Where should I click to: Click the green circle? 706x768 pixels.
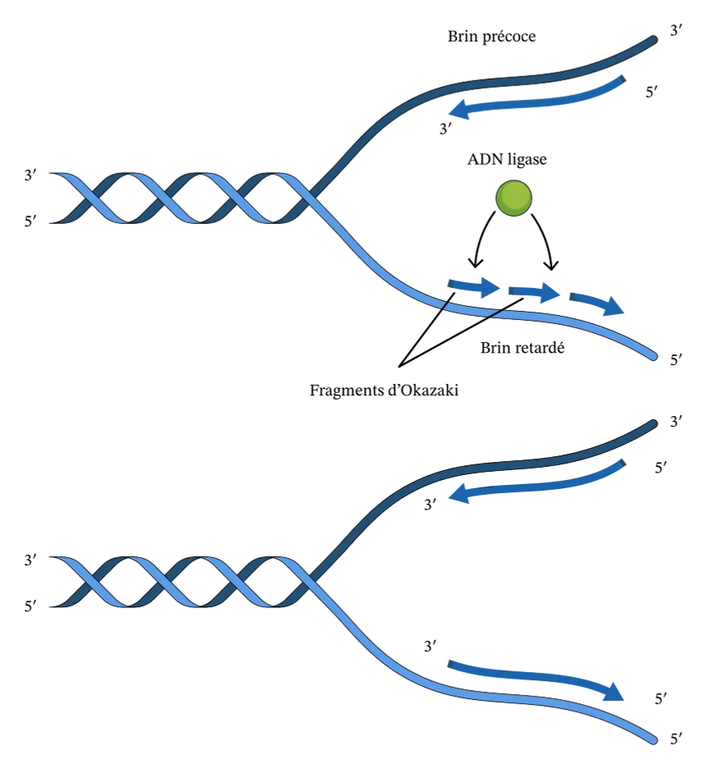pyautogui.click(x=514, y=198)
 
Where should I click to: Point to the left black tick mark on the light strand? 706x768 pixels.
pyautogui.click(x=445, y=305)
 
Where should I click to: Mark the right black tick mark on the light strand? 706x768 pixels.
pyautogui.click(x=494, y=313)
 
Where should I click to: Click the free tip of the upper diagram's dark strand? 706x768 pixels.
pyautogui.click(x=653, y=39)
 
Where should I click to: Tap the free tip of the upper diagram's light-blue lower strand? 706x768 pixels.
pyautogui.click(x=653, y=356)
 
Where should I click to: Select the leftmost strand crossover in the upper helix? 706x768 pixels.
pyautogui.click(x=92, y=198)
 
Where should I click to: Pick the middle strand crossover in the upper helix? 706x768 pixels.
pyautogui.click(x=164, y=198)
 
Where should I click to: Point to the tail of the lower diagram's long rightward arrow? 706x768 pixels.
pyautogui.click(x=450, y=664)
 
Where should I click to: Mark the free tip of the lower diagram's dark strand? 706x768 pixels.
pyautogui.click(x=653, y=423)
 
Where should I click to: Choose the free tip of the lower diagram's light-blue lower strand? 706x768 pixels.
pyautogui.click(x=653, y=740)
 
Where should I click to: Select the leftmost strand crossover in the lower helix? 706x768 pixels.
pyautogui.click(x=92, y=582)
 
